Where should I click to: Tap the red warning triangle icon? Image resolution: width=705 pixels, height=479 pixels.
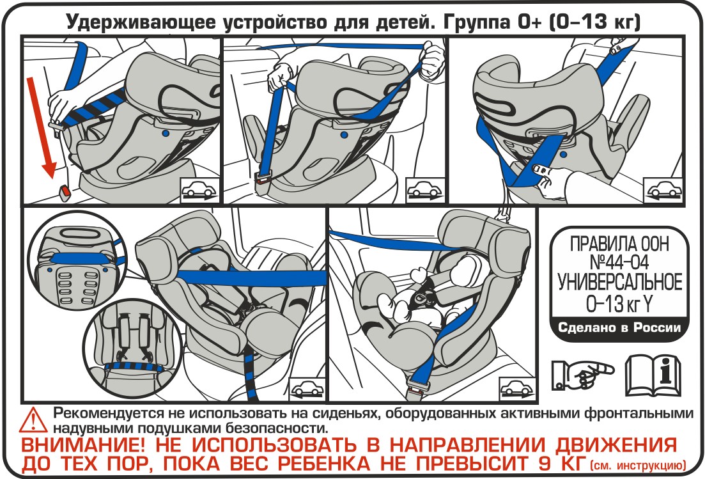[33, 421]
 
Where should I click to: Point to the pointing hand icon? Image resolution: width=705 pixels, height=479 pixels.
[582, 373]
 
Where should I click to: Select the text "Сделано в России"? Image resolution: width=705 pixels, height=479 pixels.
[619, 327]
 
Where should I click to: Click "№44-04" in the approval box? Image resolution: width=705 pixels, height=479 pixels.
[619, 263]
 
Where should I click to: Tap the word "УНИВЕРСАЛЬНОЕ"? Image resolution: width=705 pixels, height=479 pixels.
[619, 283]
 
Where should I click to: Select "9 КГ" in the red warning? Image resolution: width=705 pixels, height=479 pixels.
[561, 463]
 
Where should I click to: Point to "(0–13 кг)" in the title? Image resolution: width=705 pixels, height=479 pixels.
[594, 22]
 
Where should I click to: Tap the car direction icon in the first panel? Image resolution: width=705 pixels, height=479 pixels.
[199, 190]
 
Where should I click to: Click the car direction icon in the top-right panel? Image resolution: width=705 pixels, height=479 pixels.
[663, 190]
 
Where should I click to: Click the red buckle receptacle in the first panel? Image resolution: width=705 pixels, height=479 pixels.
[65, 191]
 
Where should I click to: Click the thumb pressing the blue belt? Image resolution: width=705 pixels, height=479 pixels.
[541, 169]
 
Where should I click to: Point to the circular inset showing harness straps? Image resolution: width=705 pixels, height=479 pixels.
[133, 349]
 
